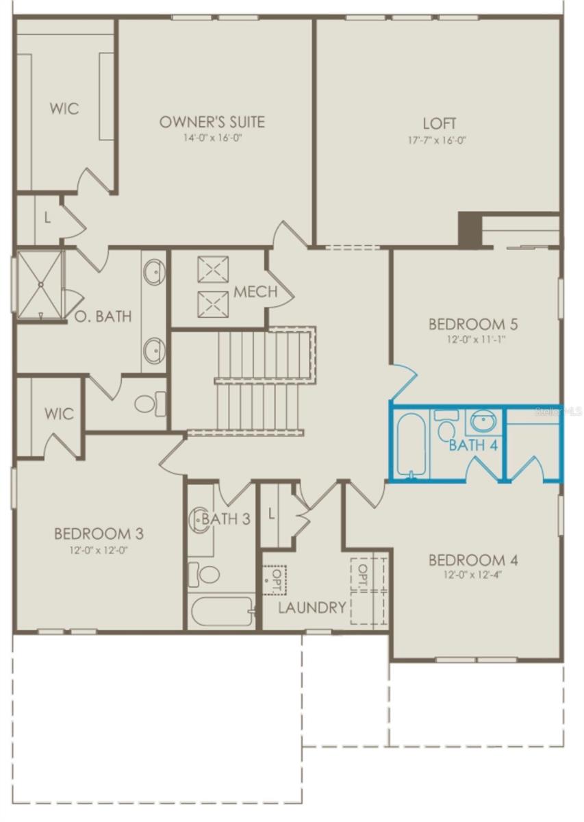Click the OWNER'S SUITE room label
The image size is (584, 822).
click(x=212, y=123)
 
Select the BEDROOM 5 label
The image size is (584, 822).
click(x=468, y=323)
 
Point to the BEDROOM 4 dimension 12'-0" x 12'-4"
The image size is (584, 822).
click(x=473, y=575)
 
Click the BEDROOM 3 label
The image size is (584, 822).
click(x=99, y=534)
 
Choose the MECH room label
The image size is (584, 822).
click(x=255, y=292)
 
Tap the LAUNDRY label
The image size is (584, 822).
click(x=312, y=608)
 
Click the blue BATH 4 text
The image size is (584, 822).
click(x=472, y=445)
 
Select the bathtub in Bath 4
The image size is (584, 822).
click(x=411, y=444)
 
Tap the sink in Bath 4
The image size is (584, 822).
click(x=485, y=421)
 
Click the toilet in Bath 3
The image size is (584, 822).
click(x=205, y=573)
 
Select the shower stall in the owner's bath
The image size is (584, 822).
click(x=39, y=284)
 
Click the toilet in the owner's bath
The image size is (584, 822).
click(x=151, y=403)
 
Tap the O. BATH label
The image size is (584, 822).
click(x=103, y=316)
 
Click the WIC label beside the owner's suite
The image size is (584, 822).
click(x=64, y=108)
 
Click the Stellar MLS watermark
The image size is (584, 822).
click(x=558, y=412)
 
